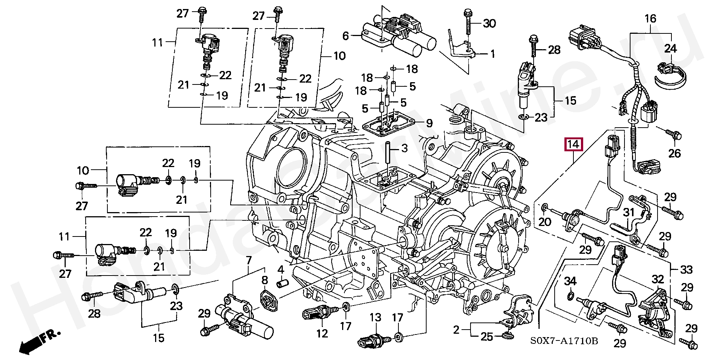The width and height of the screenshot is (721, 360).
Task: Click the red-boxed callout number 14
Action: pos(573,144)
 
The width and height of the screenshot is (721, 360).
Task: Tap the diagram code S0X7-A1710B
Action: pos(564,341)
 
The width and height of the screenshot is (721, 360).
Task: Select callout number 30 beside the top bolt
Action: pos(489,24)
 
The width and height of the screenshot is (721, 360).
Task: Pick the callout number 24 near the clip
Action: pos(670,49)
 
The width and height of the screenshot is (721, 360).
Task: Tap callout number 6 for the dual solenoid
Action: pos(345,36)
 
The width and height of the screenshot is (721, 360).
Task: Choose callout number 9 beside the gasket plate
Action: pos(429,123)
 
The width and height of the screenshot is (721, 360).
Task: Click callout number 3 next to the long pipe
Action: pos(404,148)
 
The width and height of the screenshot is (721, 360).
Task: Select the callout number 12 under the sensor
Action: pos(322,333)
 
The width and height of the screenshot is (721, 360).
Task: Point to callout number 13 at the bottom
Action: pos(375,318)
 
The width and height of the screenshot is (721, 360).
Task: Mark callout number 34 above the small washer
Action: pos(570,281)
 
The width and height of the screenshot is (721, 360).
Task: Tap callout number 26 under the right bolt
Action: pos(674,154)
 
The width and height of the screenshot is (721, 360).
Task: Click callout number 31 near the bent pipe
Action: pos(629,213)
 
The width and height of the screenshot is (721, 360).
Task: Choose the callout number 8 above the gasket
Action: pos(265,280)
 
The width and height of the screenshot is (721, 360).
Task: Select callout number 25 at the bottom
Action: pos(487,337)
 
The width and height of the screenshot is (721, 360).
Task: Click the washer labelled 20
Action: pos(544,206)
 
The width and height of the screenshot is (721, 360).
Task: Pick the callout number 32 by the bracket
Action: pos(658,279)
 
